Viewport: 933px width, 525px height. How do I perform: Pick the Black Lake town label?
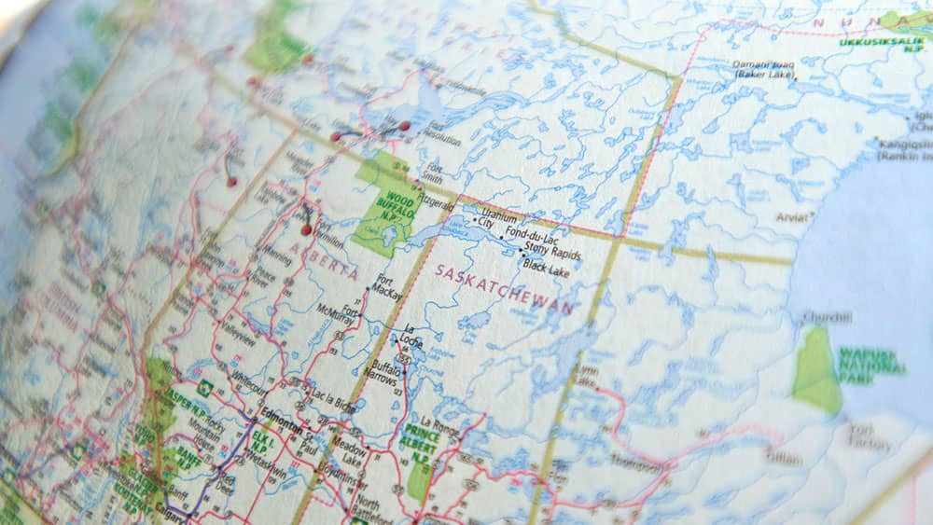point(547,270)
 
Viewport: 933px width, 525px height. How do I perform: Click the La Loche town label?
point(411,337)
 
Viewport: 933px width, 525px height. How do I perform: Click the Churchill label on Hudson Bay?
point(827,318)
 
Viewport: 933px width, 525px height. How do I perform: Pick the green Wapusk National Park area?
point(817,373)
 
